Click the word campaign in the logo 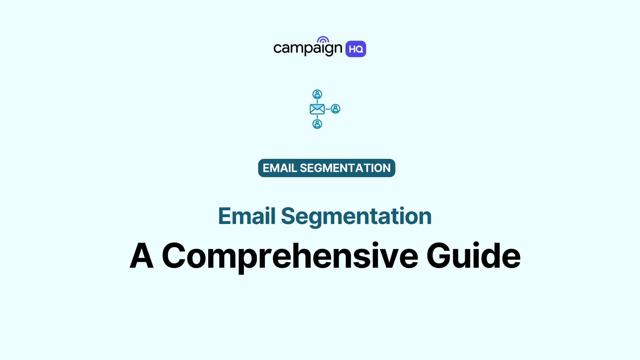pyautogui.click(x=307, y=49)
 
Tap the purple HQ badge pyautogui.click(x=356, y=49)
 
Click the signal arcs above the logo pyautogui.click(x=323, y=39)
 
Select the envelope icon pyautogui.click(x=317, y=109)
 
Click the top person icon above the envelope pyautogui.click(x=317, y=94)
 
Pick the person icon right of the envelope pyautogui.click(x=335, y=109)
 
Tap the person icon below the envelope pyautogui.click(x=317, y=124)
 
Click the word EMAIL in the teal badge pyautogui.click(x=280, y=168)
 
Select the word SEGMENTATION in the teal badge pyautogui.click(x=345, y=168)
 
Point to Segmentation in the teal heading pyautogui.click(x=356, y=217)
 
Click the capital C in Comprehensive pyautogui.click(x=174, y=256)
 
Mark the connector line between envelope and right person pyautogui.click(x=328, y=109)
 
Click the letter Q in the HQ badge pyautogui.click(x=360, y=49)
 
